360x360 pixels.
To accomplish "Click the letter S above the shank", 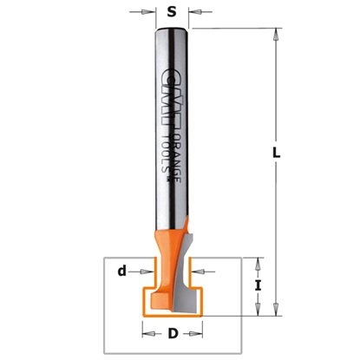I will point(171,13).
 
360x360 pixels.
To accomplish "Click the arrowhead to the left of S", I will point(147,13).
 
